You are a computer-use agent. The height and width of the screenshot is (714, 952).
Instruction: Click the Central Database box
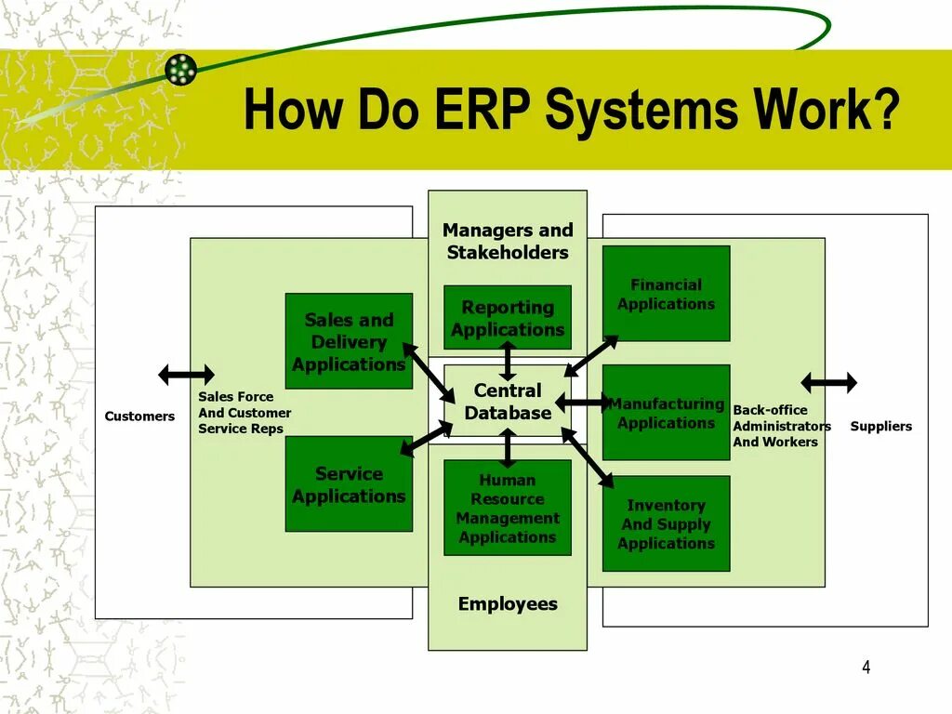tap(507, 402)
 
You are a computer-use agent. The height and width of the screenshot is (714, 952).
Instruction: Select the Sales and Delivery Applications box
tap(349, 341)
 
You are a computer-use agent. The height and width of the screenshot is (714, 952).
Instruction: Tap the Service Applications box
tap(349, 484)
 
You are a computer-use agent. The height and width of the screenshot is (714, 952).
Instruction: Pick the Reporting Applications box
tap(508, 318)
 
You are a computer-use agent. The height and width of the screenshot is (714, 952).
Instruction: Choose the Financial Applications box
tap(666, 294)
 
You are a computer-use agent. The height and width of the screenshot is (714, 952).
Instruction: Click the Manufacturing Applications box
tap(666, 413)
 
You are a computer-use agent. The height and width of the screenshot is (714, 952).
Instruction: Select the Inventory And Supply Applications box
tap(666, 523)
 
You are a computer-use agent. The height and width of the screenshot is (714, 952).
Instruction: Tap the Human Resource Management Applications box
tap(508, 508)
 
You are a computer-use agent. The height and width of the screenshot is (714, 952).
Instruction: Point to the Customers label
tap(139, 416)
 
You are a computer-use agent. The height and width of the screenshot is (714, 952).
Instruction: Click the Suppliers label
tap(880, 427)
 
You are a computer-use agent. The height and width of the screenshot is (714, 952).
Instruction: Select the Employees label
tap(508, 604)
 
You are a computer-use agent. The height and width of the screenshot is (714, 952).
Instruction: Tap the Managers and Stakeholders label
tap(508, 241)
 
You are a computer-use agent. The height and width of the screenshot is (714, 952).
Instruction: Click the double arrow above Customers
tap(186, 375)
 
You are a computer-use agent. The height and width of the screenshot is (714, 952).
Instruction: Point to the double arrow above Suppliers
tap(829, 382)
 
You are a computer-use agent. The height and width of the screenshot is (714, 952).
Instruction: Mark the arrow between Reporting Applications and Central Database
tap(508, 360)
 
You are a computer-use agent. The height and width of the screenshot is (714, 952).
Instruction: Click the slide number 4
tap(866, 667)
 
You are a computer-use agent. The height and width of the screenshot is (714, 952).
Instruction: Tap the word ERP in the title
tap(483, 110)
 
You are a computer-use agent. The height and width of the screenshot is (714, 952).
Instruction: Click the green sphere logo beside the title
tap(181, 70)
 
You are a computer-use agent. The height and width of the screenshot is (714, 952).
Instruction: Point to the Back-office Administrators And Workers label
tap(781, 426)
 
